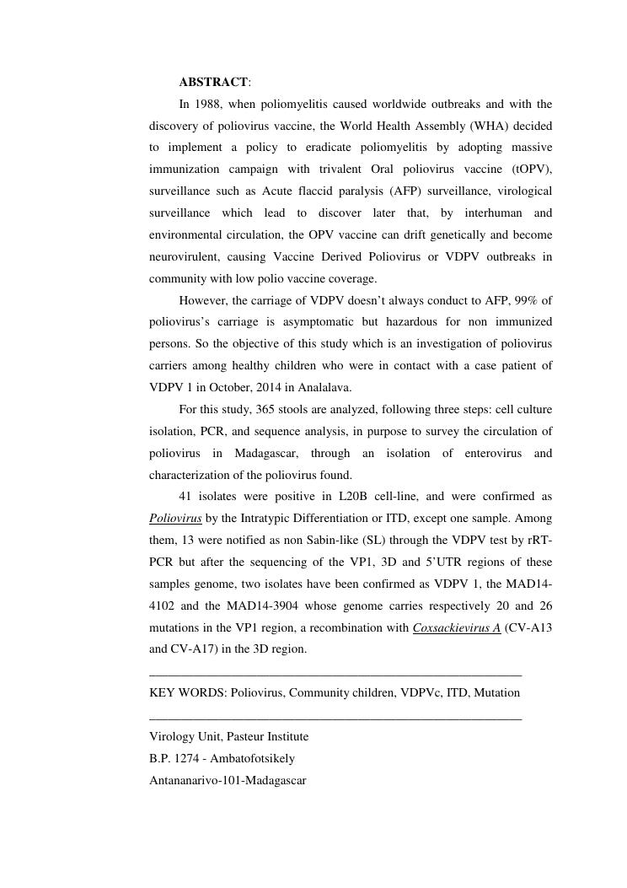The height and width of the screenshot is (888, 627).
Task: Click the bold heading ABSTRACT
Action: [x=213, y=83]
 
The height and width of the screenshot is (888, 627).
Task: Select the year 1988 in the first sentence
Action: [x=207, y=105]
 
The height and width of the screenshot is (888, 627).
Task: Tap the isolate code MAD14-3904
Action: [x=257, y=606]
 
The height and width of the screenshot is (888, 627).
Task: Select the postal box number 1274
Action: [x=187, y=759]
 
